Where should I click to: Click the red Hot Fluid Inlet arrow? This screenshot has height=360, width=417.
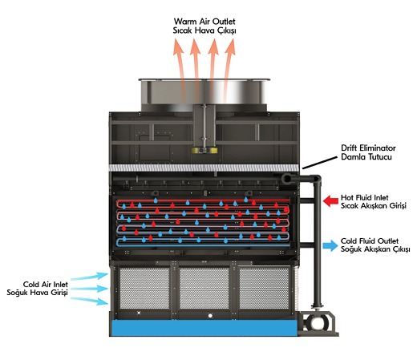coord(330,201)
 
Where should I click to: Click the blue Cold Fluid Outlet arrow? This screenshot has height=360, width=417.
coord(330,245)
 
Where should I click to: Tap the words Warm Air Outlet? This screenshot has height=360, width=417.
coord(204,22)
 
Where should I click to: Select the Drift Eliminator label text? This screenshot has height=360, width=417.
coord(368,148)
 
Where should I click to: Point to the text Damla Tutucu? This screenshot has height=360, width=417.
coord(366,156)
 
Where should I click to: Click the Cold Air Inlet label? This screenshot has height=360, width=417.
coord(46,284)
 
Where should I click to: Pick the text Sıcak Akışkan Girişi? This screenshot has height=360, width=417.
coord(374,206)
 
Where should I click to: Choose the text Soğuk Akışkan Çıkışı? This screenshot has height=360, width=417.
coord(375,249)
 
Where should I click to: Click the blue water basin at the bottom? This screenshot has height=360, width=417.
coord(204,328)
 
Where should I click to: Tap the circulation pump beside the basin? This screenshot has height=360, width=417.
coord(318,323)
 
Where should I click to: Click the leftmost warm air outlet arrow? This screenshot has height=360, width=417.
coord(180,70)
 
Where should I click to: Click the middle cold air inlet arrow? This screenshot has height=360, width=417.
coord(90,289)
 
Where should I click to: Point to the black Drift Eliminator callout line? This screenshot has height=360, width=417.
coord(320,163)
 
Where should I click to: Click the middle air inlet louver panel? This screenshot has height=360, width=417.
coord(204,288)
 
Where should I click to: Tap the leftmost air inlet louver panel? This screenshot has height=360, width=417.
coord(144,288)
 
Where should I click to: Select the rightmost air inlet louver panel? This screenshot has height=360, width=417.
coord(264,288)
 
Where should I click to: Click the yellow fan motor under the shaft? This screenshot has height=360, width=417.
coord(204,150)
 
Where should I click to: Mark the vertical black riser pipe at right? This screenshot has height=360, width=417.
coord(318,243)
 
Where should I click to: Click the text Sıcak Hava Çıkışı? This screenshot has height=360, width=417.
coord(204,30)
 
